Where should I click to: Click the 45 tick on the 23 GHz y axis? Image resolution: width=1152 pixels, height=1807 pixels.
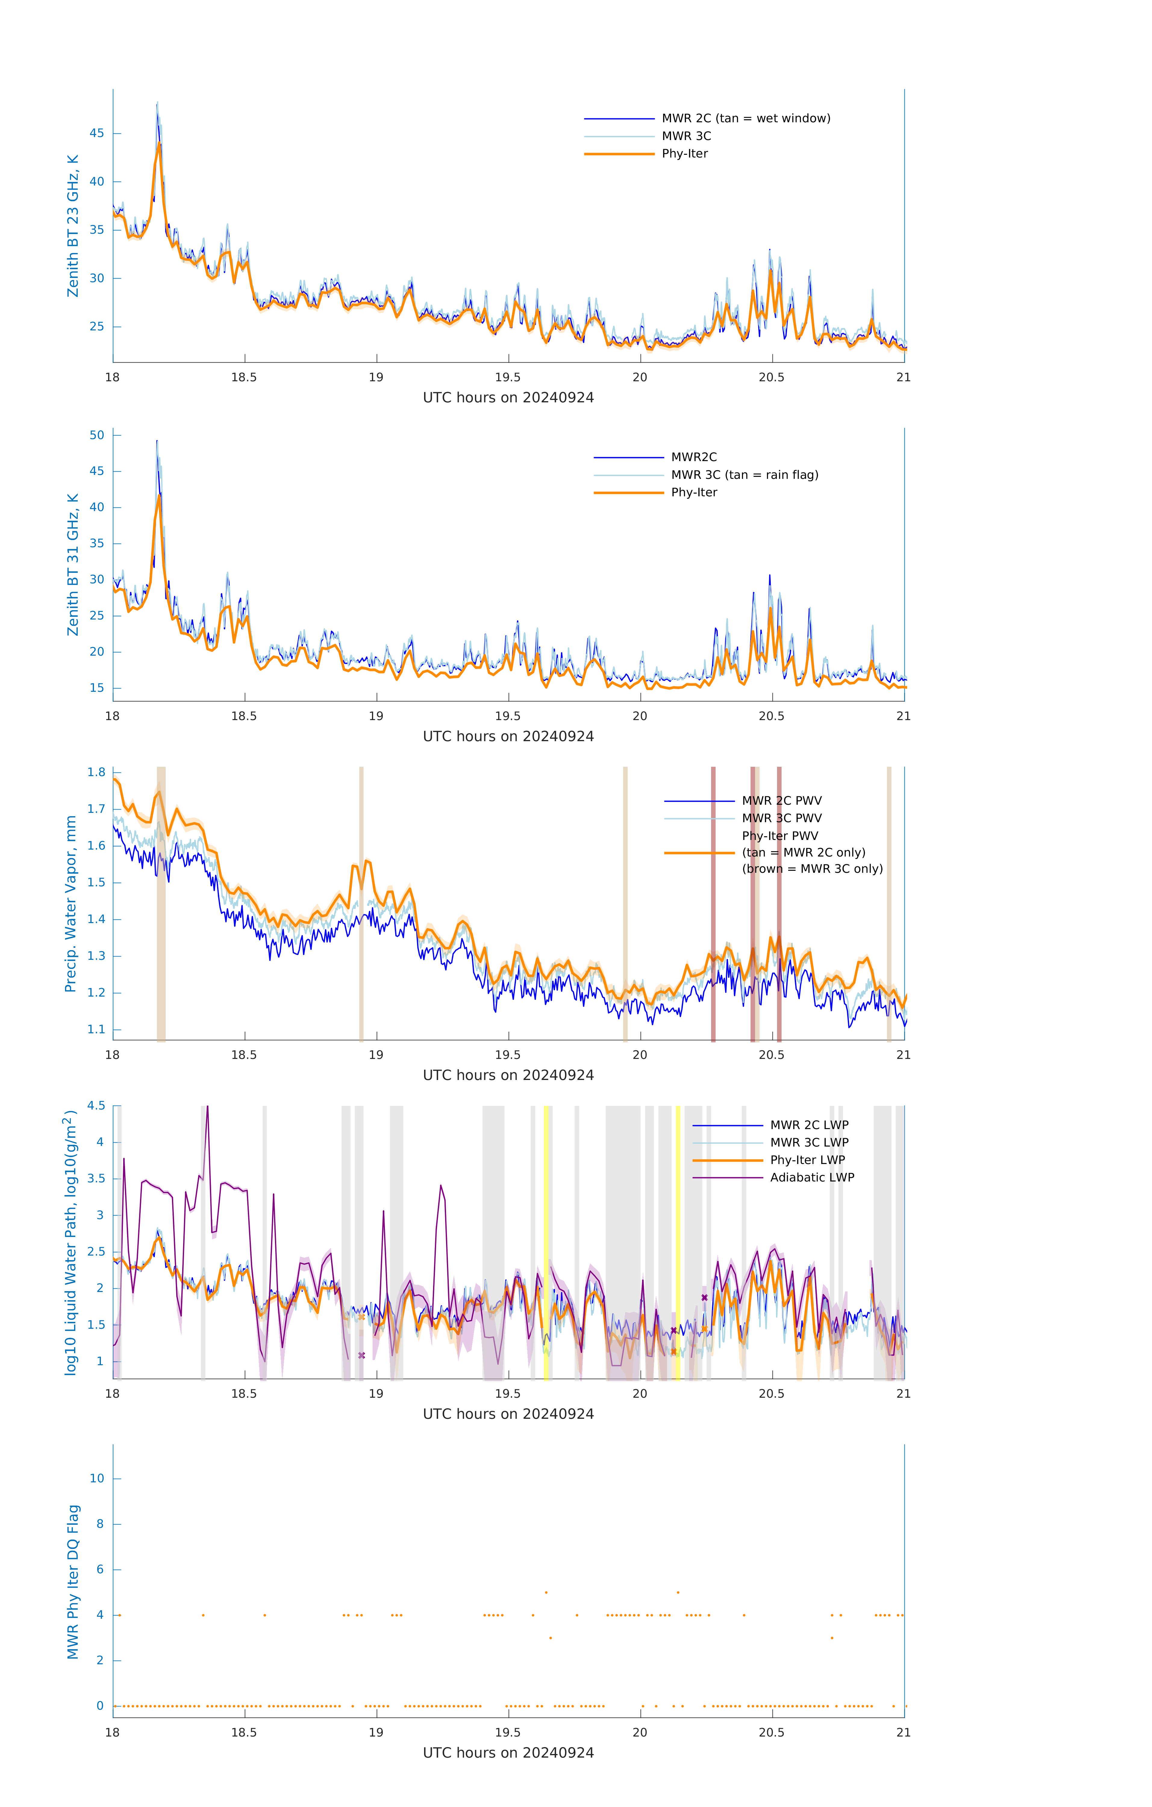pyautogui.click(x=97, y=134)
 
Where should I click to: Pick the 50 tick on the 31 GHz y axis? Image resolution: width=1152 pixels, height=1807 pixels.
pyautogui.click(x=97, y=435)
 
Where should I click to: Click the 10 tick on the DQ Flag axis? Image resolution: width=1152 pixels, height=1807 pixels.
pyautogui.click(x=97, y=1478)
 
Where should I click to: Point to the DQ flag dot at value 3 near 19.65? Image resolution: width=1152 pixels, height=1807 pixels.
pyautogui.click(x=550, y=1637)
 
